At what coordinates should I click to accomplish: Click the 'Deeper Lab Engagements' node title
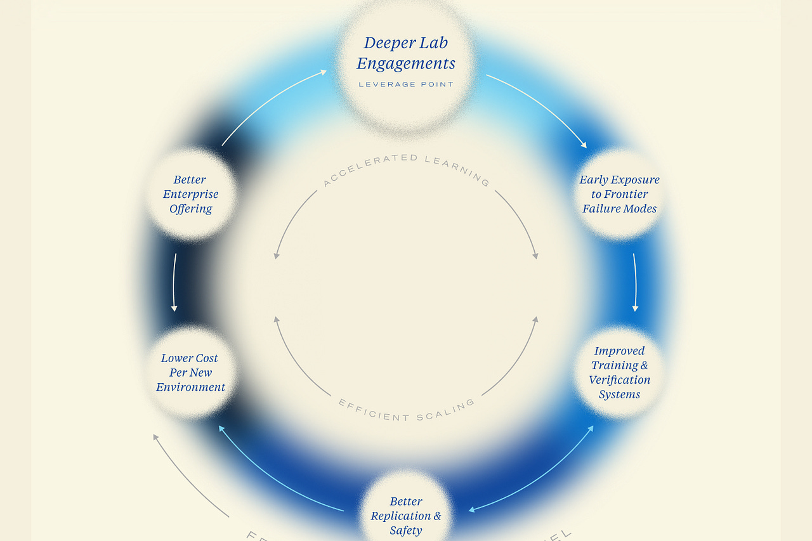406,53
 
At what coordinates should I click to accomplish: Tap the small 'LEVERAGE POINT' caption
406,84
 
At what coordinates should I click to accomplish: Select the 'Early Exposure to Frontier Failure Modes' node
619,194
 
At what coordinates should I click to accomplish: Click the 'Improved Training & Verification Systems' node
619,372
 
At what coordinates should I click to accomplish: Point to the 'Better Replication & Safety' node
406,516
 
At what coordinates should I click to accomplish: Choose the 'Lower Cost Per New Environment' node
190,372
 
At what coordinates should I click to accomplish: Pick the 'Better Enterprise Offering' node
190,194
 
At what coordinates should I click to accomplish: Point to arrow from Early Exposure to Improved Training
634,282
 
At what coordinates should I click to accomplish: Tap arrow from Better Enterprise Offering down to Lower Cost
174,282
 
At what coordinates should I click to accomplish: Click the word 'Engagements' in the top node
406,64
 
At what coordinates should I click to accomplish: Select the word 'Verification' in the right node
619,380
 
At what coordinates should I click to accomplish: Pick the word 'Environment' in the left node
190,387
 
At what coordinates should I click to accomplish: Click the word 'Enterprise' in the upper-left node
190,194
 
